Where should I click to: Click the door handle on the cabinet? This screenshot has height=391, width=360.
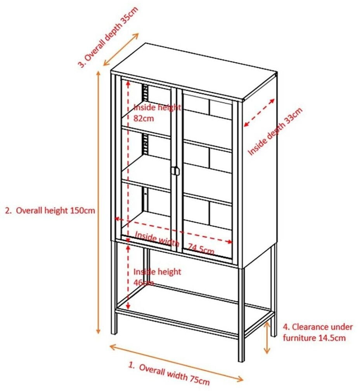point(175,171)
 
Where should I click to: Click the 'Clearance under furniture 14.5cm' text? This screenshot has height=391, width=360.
point(313,332)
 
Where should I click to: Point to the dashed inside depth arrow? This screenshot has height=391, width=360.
point(259,112)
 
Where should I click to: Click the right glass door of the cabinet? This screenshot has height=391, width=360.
point(207,175)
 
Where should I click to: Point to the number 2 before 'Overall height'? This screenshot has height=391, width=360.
point(7,211)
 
